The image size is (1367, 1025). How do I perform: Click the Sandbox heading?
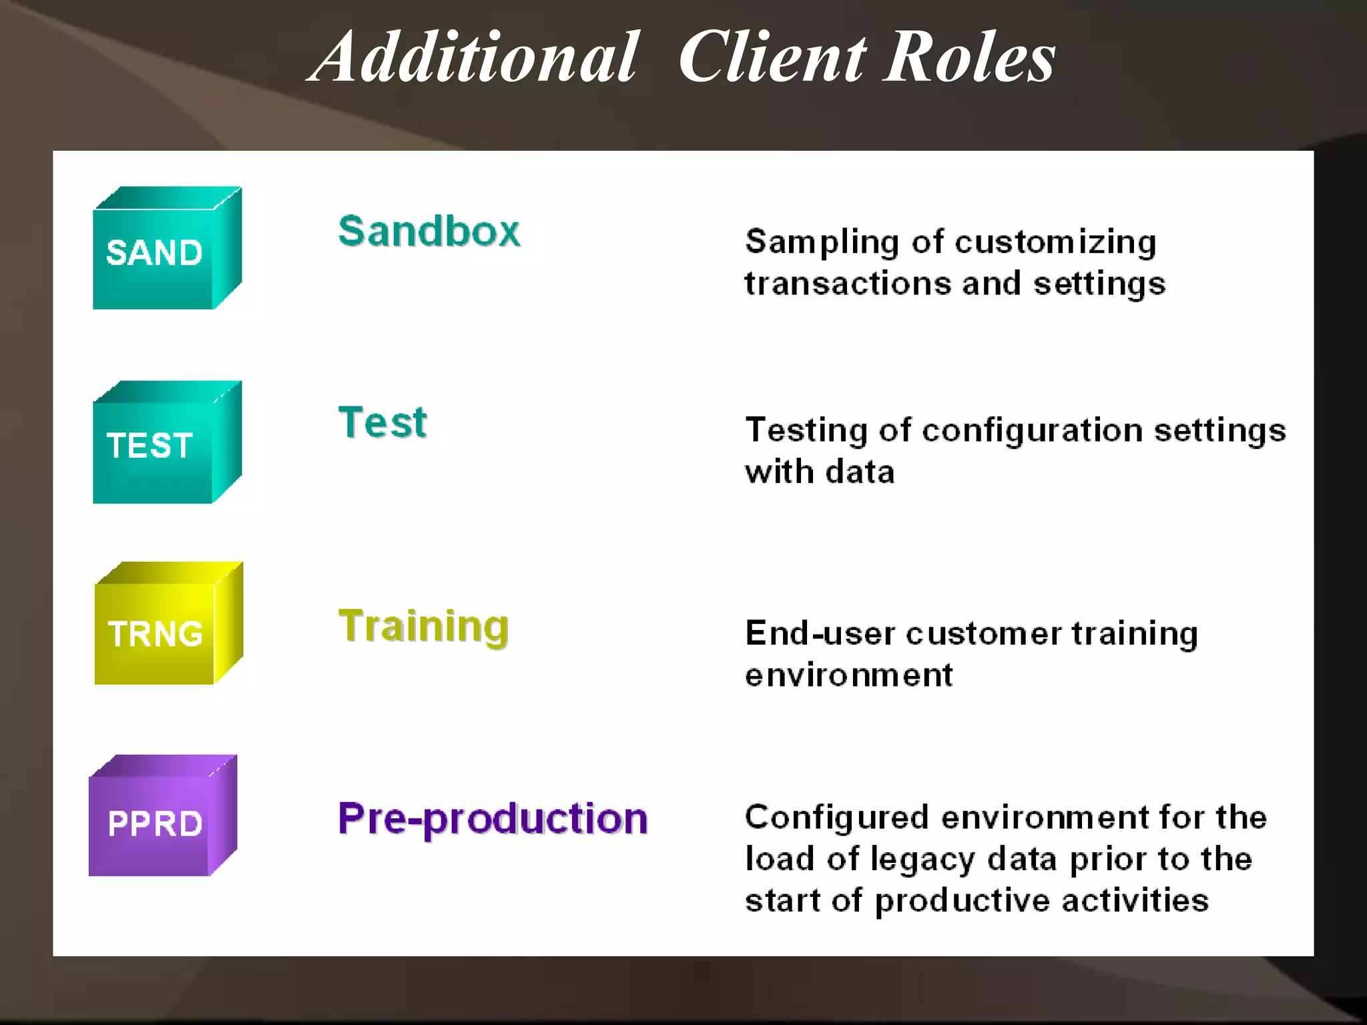point(429,232)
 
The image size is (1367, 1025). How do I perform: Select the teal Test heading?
point(382,422)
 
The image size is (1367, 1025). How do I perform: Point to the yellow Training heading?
point(423,627)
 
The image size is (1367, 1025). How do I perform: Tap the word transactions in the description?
point(848,284)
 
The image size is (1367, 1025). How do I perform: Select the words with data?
point(820,472)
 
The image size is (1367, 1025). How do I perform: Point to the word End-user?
point(820,633)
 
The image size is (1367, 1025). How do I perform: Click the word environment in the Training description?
point(848,675)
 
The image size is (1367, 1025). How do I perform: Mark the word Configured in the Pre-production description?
point(836,818)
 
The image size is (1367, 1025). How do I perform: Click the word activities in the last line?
point(1135,901)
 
